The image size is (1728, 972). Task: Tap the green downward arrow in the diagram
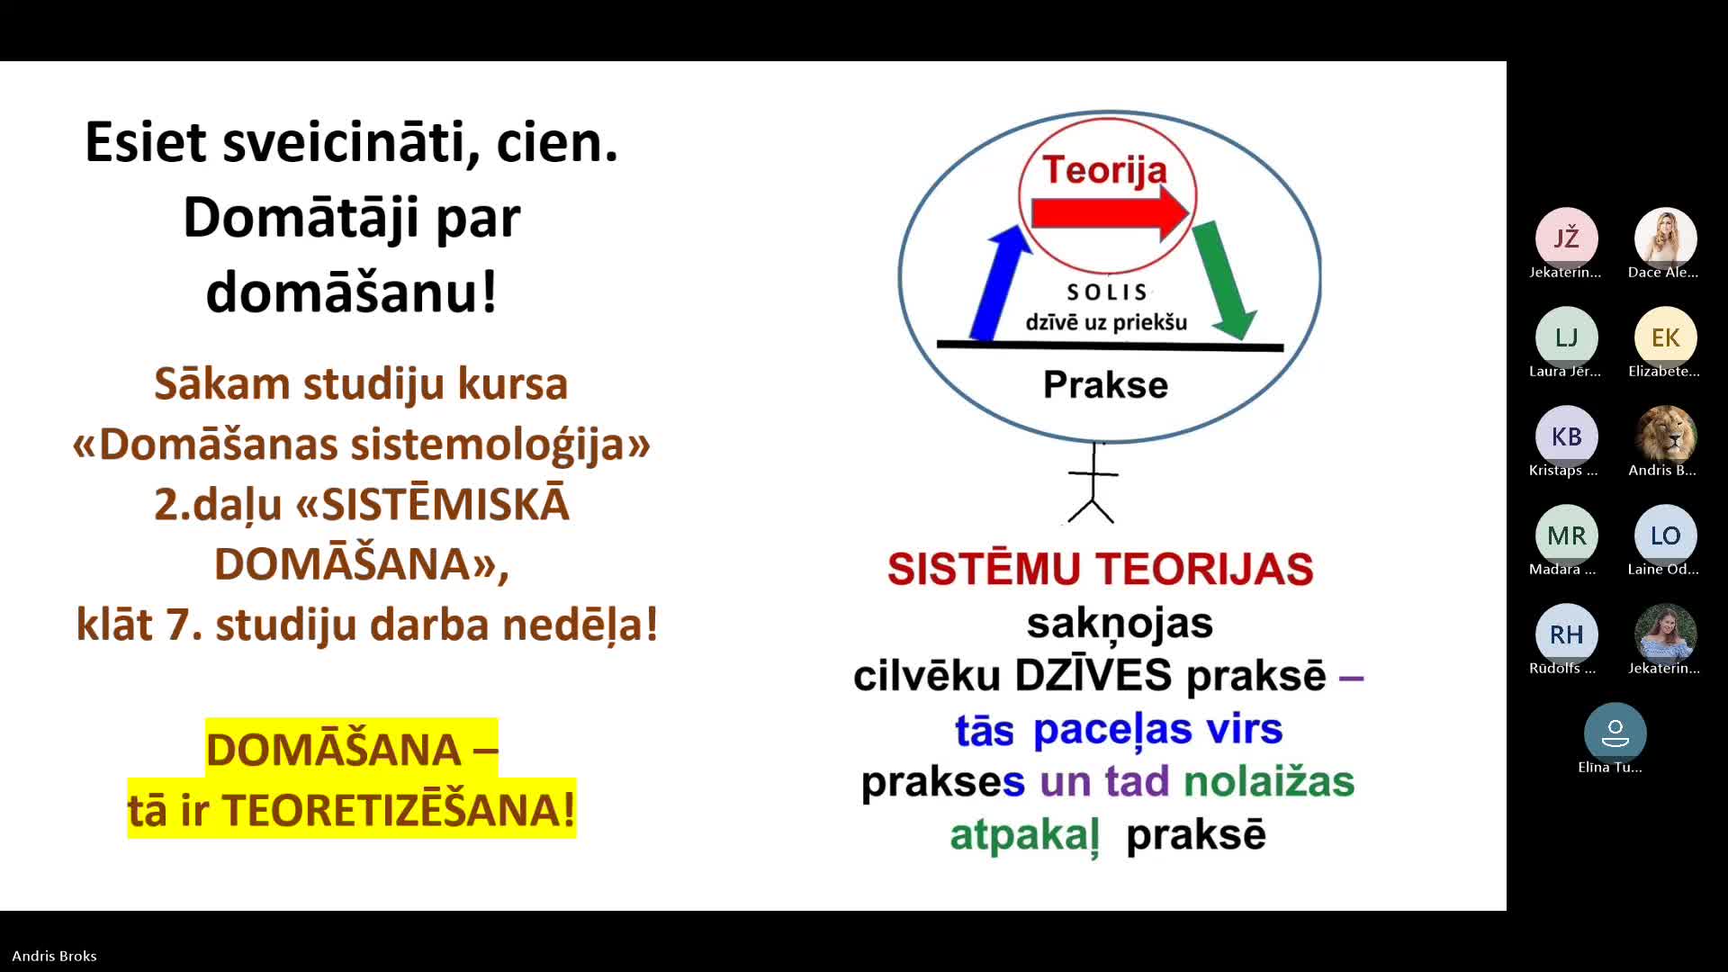[1224, 280]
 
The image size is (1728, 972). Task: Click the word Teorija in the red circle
[1104, 169]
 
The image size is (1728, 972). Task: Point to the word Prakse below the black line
[1105, 384]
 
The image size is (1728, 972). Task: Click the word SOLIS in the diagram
[1107, 292]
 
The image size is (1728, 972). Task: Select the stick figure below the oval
[1093, 483]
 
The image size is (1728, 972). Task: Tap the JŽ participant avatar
[1566, 238]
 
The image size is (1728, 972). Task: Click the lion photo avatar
[1665, 436]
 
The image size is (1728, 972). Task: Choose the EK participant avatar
[1665, 337]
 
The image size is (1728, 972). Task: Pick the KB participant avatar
[1566, 436]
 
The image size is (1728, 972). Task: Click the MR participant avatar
[1566, 535]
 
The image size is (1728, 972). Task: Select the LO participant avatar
[1665, 535]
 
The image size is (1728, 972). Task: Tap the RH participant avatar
[1566, 634]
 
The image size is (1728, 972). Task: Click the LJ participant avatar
[1566, 337]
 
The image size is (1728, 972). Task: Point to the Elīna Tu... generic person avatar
[1615, 733]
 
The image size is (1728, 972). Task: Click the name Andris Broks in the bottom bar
[54, 956]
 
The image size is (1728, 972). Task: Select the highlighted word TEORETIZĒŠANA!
[399, 808]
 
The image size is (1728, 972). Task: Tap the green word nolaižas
[1269, 781]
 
